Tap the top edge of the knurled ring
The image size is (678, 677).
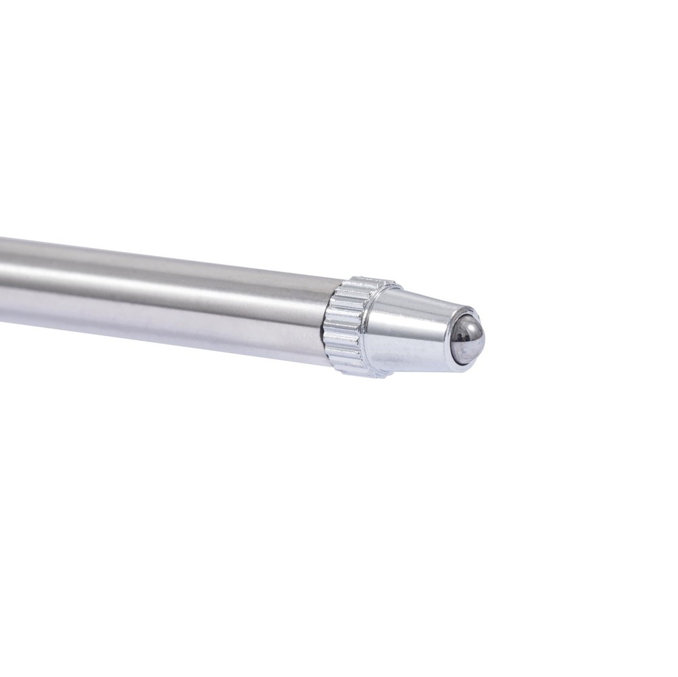click(x=366, y=280)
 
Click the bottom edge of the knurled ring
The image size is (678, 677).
click(x=353, y=371)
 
